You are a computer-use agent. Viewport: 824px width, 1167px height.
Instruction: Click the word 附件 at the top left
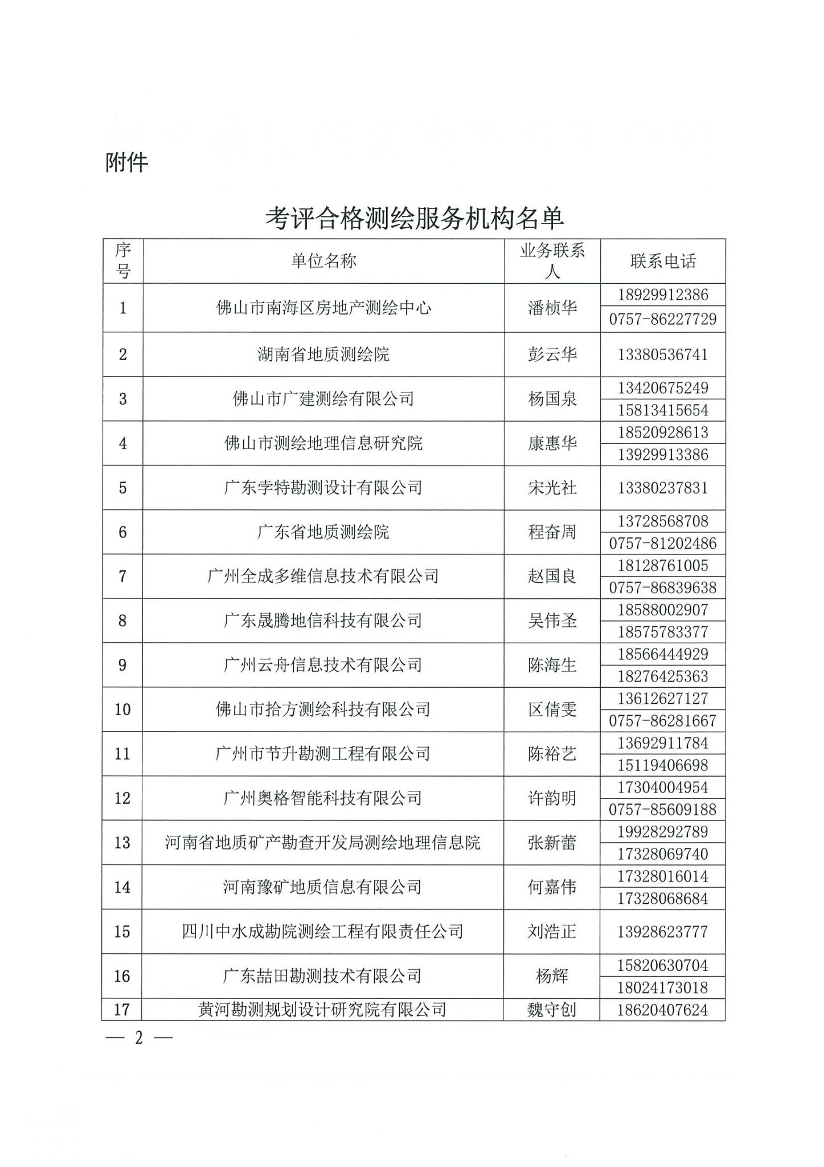tap(126, 163)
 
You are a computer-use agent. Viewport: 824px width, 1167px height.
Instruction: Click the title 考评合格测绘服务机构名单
tap(414, 218)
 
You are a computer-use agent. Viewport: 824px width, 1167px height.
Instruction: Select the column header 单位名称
tap(323, 261)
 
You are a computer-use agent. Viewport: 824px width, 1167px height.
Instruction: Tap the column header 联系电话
tap(663, 261)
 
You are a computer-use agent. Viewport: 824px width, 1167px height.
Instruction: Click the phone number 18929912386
tap(663, 295)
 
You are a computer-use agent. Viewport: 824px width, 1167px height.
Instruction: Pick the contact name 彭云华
tap(552, 354)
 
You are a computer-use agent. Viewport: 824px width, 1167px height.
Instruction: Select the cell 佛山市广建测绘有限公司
tap(323, 399)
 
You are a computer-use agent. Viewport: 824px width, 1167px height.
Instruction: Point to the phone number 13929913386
tap(663, 455)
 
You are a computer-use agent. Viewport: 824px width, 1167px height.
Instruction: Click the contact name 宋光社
tap(552, 488)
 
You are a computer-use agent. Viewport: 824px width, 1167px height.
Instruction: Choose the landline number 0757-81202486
tap(663, 544)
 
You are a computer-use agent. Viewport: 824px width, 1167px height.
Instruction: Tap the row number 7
tap(122, 576)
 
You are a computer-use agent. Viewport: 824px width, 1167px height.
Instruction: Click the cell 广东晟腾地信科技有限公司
tap(323, 621)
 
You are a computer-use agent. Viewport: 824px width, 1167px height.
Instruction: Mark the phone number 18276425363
tap(663, 676)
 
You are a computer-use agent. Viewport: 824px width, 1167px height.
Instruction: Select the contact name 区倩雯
tap(552, 709)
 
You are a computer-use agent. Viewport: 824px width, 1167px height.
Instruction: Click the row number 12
tap(122, 798)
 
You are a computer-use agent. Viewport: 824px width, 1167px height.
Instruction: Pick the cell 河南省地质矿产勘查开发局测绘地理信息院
tap(323, 843)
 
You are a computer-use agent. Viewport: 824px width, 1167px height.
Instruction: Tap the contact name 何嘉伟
tap(552, 887)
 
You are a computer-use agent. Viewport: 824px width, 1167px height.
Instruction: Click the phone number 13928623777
tap(663, 932)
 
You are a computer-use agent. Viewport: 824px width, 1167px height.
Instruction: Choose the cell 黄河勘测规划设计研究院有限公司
tap(322, 1010)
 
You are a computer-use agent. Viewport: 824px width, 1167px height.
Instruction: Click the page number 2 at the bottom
tap(138, 1038)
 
